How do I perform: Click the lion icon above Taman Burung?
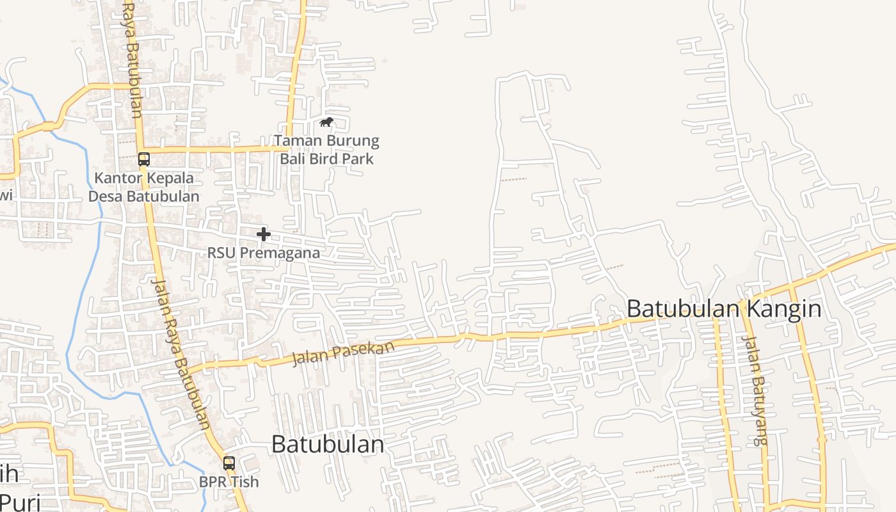click(326, 122)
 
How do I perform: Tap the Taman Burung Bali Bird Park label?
click(326, 149)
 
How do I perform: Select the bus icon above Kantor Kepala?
click(144, 159)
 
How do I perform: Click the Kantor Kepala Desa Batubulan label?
click(144, 187)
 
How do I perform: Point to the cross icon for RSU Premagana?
click(263, 234)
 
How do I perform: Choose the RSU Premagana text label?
click(263, 253)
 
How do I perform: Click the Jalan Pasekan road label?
click(343, 353)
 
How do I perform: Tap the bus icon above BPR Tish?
click(229, 463)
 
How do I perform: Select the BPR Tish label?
click(229, 481)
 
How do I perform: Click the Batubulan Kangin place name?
click(723, 308)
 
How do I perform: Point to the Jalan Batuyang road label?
click(755, 390)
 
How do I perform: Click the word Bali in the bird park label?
click(296, 158)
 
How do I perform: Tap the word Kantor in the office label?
click(117, 177)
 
